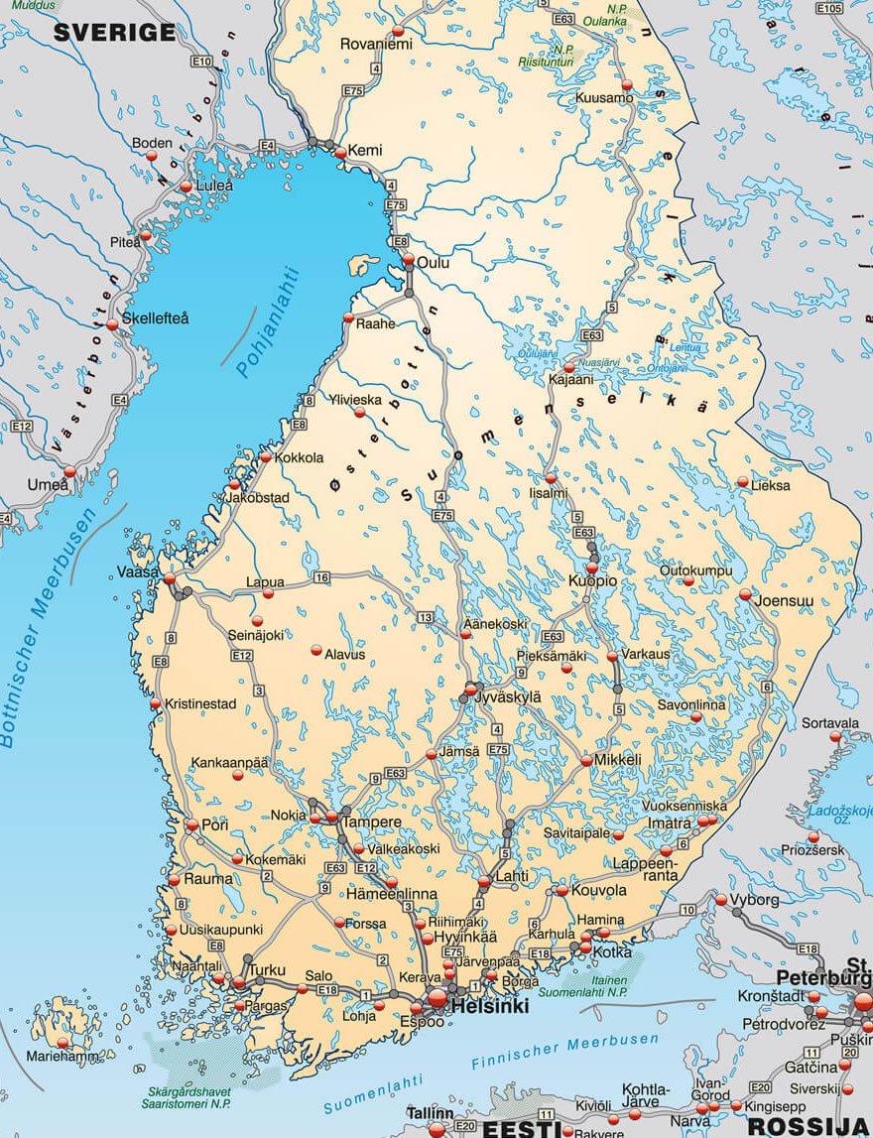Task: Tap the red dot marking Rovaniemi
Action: pyautogui.click(x=399, y=30)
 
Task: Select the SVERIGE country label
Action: pyautogui.click(x=114, y=33)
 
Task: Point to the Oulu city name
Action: pyautogui.click(x=434, y=263)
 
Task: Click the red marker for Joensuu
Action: pyautogui.click(x=745, y=593)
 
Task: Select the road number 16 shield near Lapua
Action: pyautogui.click(x=320, y=576)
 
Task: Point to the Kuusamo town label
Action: pyautogui.click(x=604, y=97)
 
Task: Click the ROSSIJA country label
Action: pyautogui.click(x=809, y=1126)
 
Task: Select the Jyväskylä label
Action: pyautogui.click(x=508, y=697)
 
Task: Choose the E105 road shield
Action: pyautogui.click(x=829, y=8)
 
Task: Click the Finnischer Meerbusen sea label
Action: pyautogui.click(x=564, y=1052)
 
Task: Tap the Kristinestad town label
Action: pyautogui.click(x=200, y=703)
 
